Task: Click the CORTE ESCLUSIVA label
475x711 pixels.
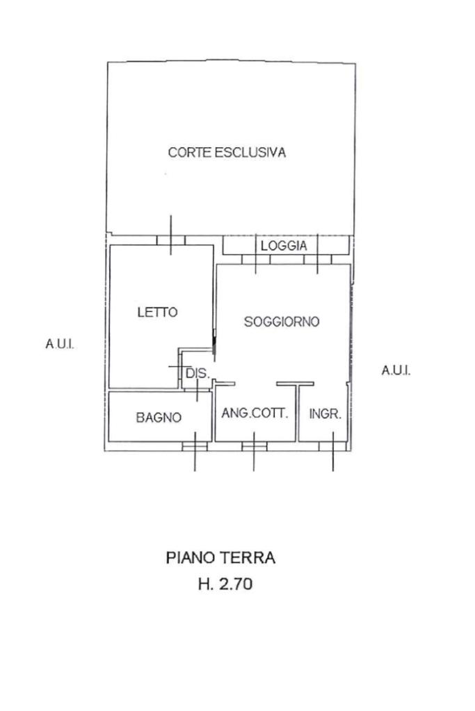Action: [227, 153]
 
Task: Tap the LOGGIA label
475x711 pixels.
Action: [283, 245]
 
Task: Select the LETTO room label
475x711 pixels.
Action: [157, 313]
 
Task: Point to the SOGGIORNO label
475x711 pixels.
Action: [282, 322]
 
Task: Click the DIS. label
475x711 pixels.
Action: [197, 374]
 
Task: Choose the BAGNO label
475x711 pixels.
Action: [159, 418]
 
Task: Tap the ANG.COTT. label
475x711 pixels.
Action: [255, 413]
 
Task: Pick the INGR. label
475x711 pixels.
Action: [325, 414]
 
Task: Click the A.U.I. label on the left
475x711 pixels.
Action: [60, 345]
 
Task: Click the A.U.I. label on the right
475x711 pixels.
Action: [396, 370]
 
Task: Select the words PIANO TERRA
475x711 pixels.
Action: [220, 557]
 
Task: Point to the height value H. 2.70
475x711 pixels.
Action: [225, 585]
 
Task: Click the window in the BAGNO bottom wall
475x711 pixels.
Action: [195, 446]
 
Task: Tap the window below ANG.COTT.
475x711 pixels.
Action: [255, 446]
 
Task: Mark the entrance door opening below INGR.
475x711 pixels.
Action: [332, 446]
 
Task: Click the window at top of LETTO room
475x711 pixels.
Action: [171, 240]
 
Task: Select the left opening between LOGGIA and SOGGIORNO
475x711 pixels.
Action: [256, 259]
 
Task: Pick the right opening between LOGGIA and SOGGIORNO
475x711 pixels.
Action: [318, 259]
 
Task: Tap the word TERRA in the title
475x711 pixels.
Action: [248, 557]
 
